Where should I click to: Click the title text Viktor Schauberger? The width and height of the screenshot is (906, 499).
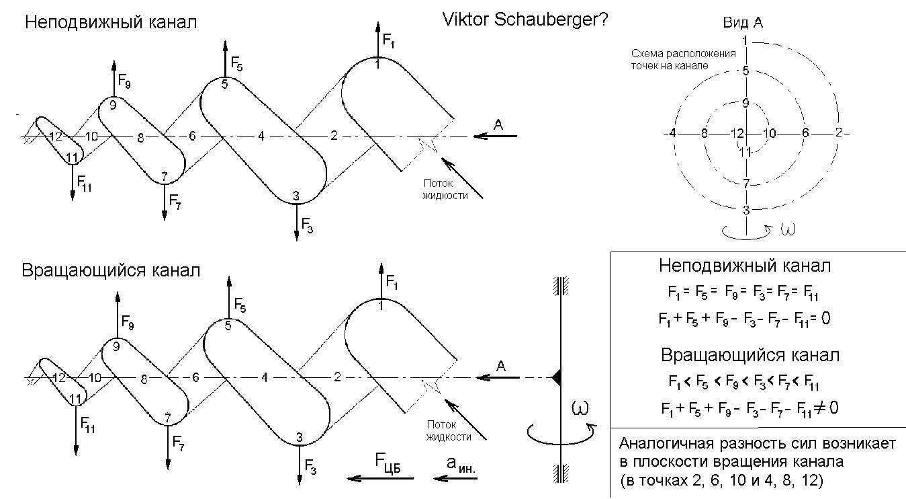click(x=525, y=20)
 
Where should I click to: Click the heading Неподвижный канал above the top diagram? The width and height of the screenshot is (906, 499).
click(x=111, y=22)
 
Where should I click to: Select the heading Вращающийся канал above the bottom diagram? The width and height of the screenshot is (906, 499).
click(x=111, y=271)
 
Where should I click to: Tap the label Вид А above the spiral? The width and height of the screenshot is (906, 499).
click(x=742, y=23)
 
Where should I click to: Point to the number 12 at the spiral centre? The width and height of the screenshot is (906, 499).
click(x=736, y=134)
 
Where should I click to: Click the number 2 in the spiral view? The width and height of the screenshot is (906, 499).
click(x=837, y=132)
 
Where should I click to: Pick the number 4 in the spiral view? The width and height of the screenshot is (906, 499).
click(x=672, y=133)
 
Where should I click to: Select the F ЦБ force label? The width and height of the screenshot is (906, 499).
click(x=388, y=463)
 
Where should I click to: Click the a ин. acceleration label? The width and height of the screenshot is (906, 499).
click(x=460, y=465)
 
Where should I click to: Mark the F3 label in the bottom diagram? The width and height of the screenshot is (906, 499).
click(x=310, y=465)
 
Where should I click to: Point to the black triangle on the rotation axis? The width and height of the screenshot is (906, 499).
click(x=556, y=378)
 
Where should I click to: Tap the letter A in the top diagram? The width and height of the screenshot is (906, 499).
click(x=498, y=124)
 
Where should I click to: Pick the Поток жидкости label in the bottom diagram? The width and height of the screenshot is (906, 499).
click(x=449, y=431)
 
